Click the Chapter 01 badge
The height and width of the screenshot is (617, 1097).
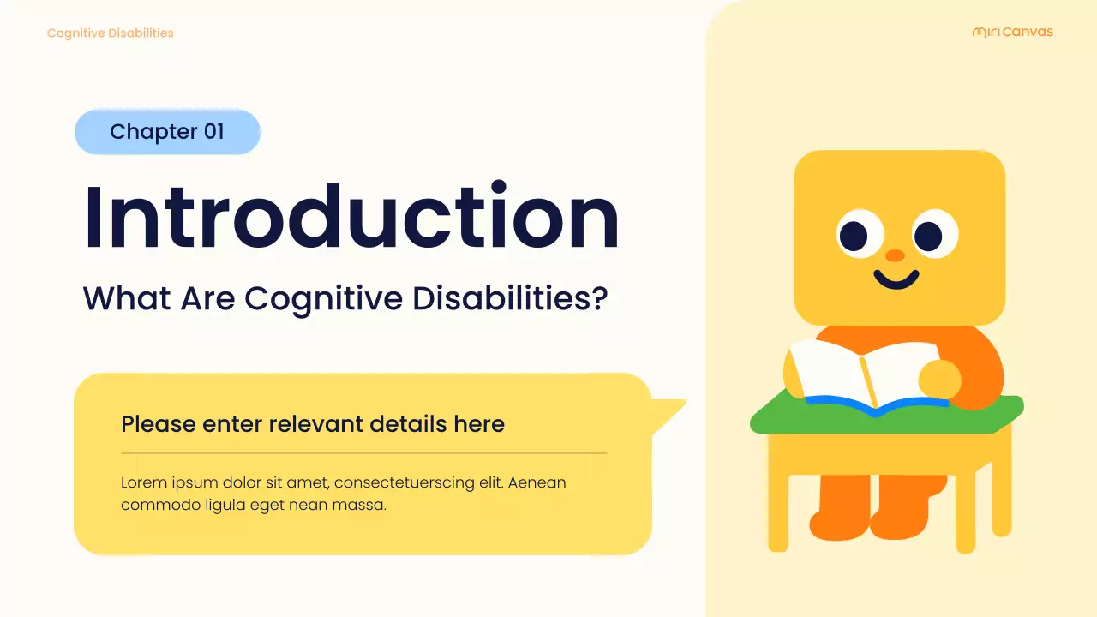pos(167,132)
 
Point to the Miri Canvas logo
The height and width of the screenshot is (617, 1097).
pos(1013,33)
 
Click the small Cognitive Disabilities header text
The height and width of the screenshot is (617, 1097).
pos(110,33)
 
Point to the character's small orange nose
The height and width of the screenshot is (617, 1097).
pos(895,255)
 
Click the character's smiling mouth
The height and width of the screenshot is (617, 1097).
pos(896,279)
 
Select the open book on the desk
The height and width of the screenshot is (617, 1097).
pos(866,375)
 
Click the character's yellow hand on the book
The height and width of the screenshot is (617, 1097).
pos(939,378)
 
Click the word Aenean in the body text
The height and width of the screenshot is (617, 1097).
pos(537,482)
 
